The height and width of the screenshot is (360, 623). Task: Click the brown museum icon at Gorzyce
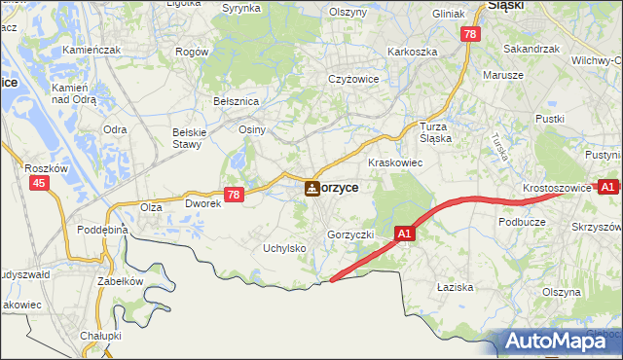[311, 188]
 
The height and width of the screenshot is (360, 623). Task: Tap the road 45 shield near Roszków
[39, 183]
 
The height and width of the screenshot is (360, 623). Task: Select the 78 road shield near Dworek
[233, 195]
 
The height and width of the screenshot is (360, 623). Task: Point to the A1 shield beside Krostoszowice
[607, 186]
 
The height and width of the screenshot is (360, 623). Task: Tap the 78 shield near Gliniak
[471, 34]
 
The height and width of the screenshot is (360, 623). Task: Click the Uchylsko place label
[284, 248]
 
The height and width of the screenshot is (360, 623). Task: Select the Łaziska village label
[455, 287]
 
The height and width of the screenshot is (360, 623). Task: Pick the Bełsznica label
[235, 100]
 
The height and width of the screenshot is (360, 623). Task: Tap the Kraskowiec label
[394, 162]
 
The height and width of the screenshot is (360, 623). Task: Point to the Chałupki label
[100, 336]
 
